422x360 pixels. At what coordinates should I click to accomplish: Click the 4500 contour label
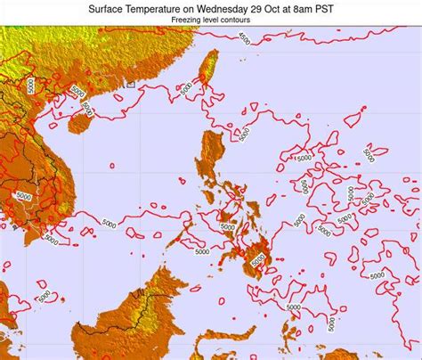[244, 37]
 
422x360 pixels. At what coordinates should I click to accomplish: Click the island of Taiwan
[208, 69]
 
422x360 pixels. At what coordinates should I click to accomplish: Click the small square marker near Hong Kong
[130, 85]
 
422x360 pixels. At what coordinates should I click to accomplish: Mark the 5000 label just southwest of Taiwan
[185, 89]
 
